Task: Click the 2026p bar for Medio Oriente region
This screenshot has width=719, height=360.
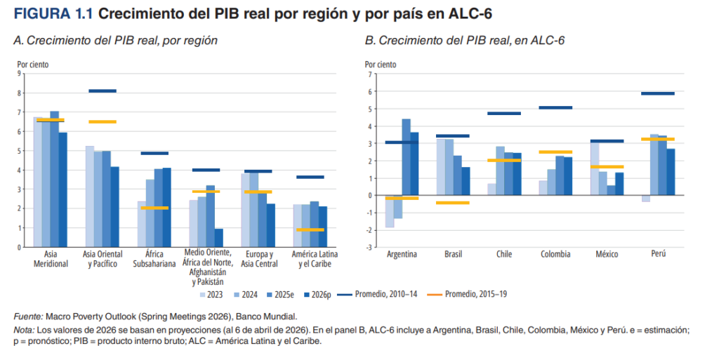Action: pyautogui.click(x=219, y=238)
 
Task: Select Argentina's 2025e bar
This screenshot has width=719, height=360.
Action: pyautogui.click(x=407, y=157)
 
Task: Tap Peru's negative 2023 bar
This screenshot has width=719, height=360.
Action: pyautogui.click(x=646, y=199)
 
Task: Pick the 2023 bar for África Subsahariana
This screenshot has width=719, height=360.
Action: pyautogui.click(x=142, y=224)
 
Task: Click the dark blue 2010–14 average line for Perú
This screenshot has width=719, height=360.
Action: pyautogui.click(x=657, y=93)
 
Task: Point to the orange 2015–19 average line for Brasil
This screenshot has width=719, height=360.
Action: pyautogui.click(x=453, y=203)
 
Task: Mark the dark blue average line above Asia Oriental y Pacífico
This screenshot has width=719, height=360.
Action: pyautogui.click(x=103, y=91)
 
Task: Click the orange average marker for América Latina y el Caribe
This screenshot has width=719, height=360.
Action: pyautogui.click(x=310, y=230)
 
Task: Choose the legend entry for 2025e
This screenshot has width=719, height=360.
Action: pyautogui.click(x=280, y=295)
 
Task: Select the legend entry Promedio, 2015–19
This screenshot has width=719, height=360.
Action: pyautogui.click(x=467, y=294)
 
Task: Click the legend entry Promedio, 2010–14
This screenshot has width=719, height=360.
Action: pyautogui.click(x=377, y=294)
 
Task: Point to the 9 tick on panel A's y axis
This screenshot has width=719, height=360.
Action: pyautogui.click(x=19, y=73)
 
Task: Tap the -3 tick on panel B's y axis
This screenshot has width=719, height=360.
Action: pyautogui.click(x=368, y=248)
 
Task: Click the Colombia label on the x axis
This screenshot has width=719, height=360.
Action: pyautogui.click(x=555, y=254)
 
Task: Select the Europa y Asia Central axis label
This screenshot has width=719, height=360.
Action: pyautogui.click(x=259, y=259)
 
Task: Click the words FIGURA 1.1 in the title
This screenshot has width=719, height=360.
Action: pyautogui.click(x=53, y=14)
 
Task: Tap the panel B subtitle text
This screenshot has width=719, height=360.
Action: pyautogui.click(x=465, y=40)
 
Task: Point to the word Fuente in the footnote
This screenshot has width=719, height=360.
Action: pyautogui.click(x=28, y=316)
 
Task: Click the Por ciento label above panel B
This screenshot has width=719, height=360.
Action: pyautogui.click(x=381, y=65)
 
